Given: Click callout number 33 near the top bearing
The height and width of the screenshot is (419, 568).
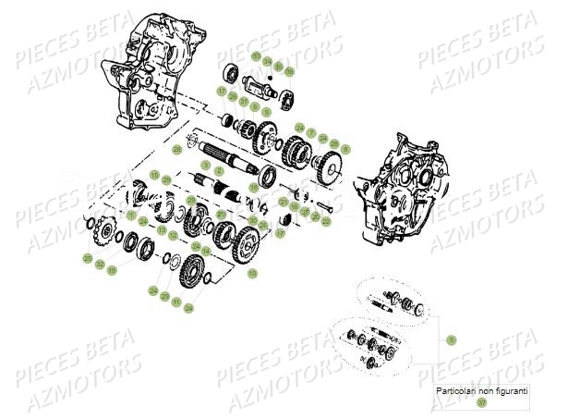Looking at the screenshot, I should pos(255,56).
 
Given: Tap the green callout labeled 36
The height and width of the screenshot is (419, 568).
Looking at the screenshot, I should pos(290,71).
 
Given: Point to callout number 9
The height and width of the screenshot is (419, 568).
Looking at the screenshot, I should pos(266,111).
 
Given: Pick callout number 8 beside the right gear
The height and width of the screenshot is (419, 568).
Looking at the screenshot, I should pos(345,148).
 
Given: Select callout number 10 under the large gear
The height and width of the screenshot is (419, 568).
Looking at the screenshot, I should pos(253,274).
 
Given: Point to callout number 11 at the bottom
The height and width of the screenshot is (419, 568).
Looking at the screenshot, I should pos(175,302).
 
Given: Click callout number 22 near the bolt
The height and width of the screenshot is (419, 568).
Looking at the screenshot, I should pos(325,223).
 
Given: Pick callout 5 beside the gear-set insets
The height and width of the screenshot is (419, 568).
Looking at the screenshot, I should pos(452,339).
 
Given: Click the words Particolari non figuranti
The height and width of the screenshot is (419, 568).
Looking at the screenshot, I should pos(481,391).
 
